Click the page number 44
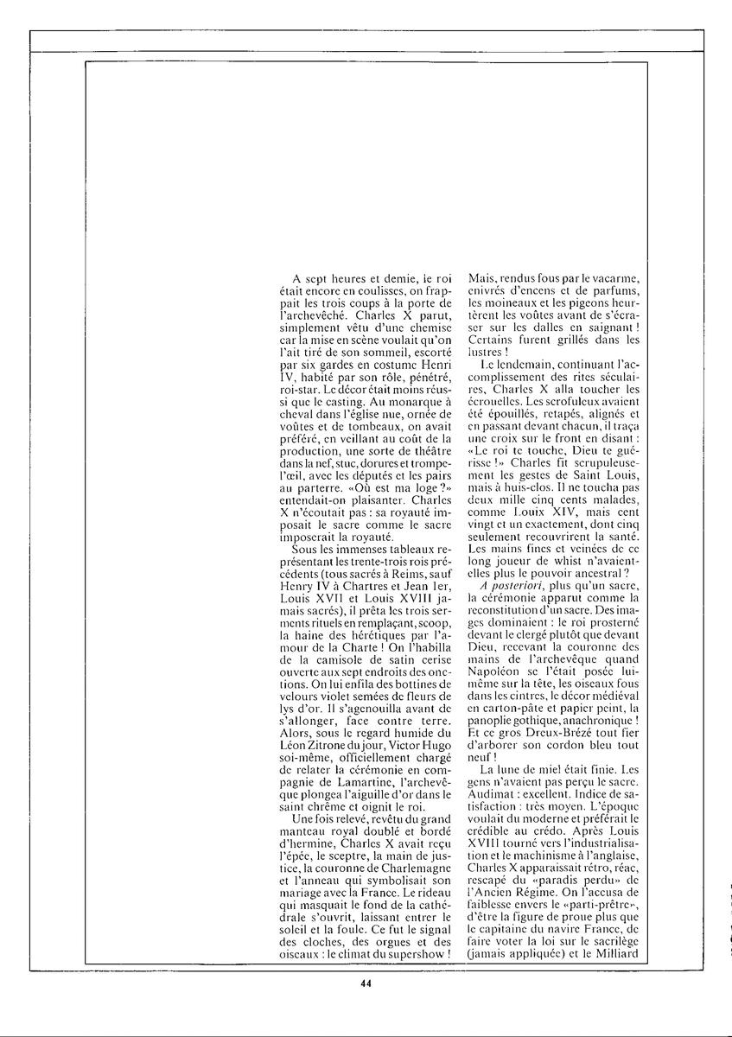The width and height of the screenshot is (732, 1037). click(366, 982)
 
